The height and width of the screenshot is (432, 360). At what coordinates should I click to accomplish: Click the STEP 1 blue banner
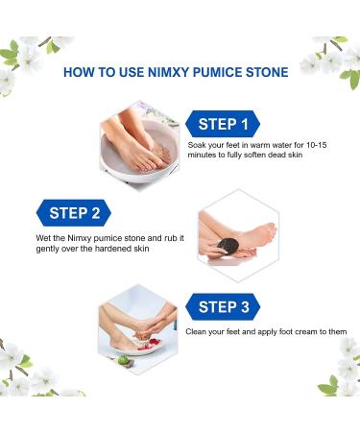[x=224, y=123]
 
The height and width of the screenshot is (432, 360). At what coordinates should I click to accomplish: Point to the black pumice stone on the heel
[x=226, y=240]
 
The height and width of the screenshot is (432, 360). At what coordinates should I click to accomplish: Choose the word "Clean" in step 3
[x=200, y=332]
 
